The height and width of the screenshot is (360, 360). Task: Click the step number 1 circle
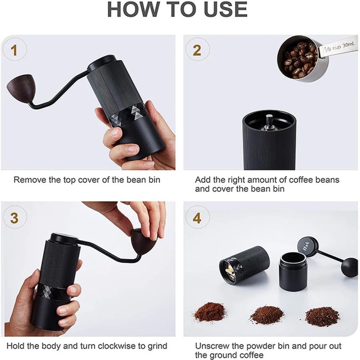tap(15, 50)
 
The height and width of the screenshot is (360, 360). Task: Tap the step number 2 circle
tap(198, 50)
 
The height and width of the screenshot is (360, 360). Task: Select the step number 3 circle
tap(15, 217)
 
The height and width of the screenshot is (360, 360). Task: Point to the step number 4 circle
tap(198, 217)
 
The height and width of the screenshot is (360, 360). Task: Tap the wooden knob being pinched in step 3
tap(142, 241)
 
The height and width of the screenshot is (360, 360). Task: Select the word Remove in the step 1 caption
tap(30, 180)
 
